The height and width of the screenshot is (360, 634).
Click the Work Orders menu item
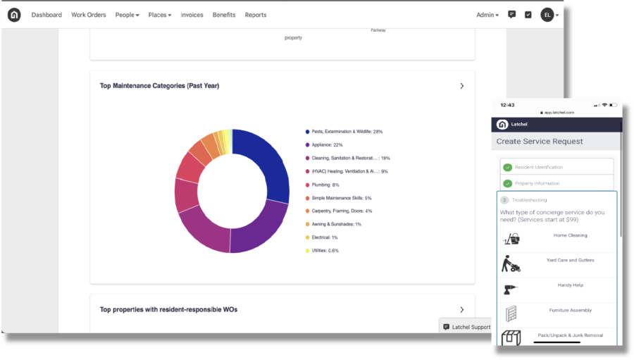click(89, 15)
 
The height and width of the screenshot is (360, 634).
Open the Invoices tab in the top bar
click(192, 15)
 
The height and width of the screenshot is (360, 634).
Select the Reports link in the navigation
click(256, 15)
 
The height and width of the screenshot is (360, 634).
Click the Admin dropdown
click(487, 15)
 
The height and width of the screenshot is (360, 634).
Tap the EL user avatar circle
click(547, 15)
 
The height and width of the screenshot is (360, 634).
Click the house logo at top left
click(15, 15)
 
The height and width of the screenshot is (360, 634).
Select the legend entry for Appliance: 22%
click(327, 144)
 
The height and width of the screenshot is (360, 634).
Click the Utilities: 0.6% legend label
click(325, 251)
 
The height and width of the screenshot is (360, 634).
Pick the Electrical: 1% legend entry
click(324, 237)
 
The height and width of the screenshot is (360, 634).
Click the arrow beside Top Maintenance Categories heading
click(462, 86)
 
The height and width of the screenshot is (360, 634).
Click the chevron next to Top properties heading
click(462, 309)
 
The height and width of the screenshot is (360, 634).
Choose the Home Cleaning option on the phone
click(570, 235)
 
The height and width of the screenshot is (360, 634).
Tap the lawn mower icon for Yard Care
click(511, 263)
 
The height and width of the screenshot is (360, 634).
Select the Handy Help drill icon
click(511, 289)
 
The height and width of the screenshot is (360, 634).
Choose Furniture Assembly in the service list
click(570, 310)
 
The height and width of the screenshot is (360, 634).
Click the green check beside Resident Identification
click(507, 168)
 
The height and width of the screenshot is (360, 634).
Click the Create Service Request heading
click(540, 142)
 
